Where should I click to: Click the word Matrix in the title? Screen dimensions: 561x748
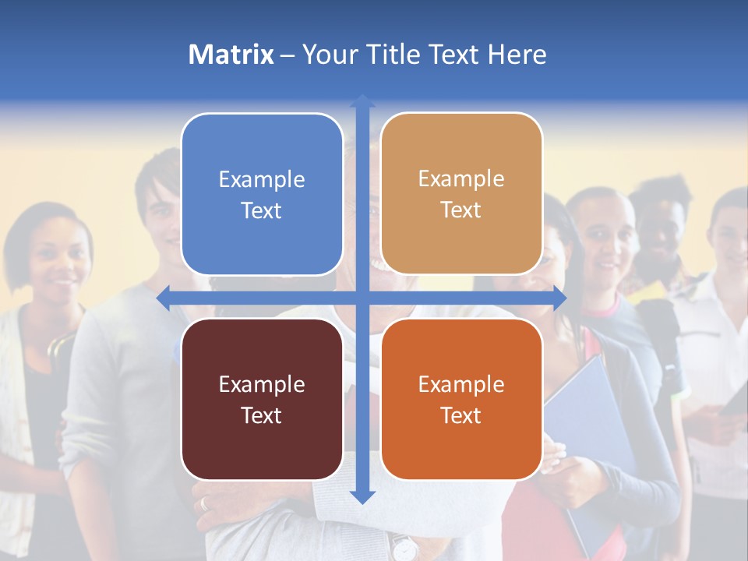tap(231, 55)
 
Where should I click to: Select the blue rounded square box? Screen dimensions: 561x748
tap(262, 194)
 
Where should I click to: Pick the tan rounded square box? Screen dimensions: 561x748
tap(461, 194)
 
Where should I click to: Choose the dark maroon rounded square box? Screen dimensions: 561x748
tap(262, 399)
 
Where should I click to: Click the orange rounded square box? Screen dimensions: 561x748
tap(461, 399)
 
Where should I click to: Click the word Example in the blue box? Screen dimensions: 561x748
tap(262, 179)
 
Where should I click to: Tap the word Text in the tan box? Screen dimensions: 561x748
tap(461, 210)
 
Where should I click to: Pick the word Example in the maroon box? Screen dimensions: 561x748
tap(262, 384)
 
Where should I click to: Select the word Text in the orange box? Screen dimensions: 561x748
tap(461, 415)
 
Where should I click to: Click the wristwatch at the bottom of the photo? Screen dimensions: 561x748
tap(403, 547)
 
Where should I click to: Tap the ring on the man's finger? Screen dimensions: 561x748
tap(204, 503)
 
